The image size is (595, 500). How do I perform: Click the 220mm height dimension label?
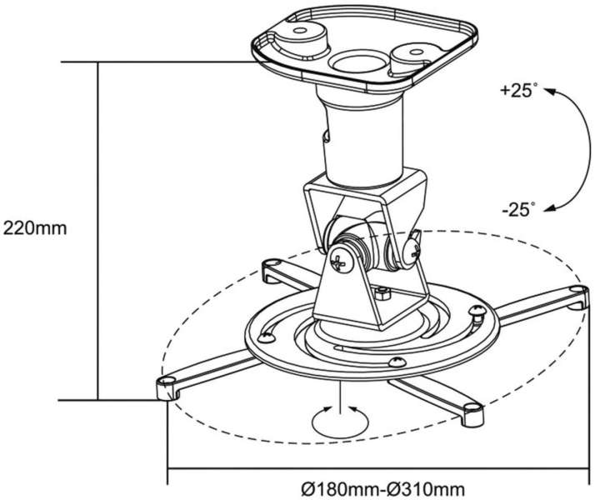(35, 228)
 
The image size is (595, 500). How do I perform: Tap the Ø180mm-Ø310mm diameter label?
(383, 489)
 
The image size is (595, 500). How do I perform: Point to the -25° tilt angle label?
(518, 209)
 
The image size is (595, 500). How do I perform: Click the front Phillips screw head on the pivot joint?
(340, 261)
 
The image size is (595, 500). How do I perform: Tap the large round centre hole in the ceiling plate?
(357, 62)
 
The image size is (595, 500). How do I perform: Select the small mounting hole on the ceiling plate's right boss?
(416, 52)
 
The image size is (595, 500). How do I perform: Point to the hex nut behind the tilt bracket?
(382, 293)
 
